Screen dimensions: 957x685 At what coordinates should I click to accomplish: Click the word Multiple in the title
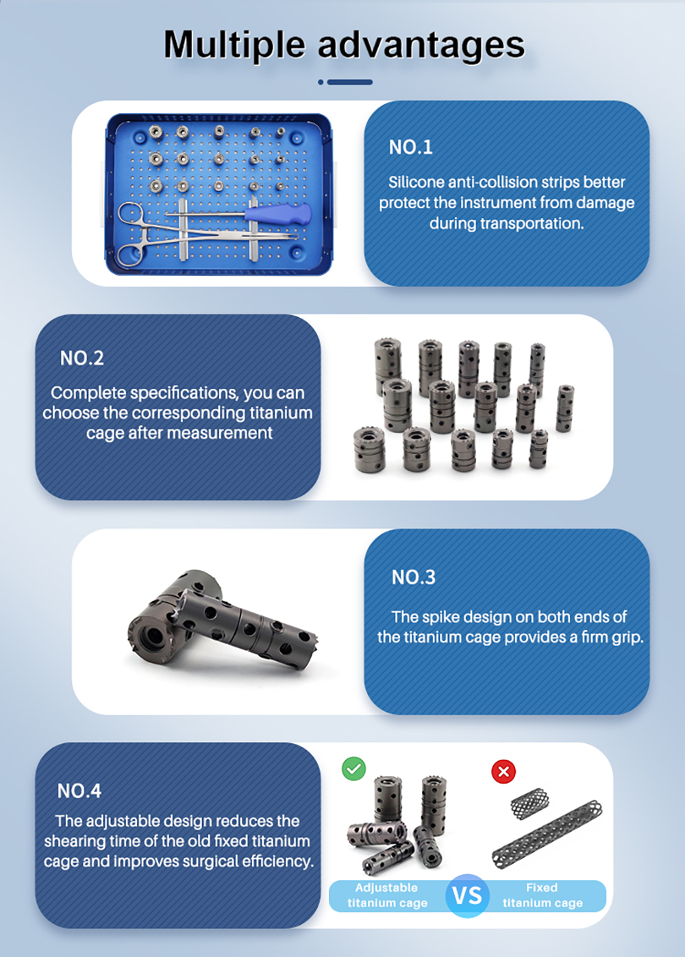coord(234,45)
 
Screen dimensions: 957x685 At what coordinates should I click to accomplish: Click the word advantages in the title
coord(421,45)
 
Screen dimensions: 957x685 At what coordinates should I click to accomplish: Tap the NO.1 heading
coord(411,147)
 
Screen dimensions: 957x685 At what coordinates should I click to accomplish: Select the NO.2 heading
coord(82,358)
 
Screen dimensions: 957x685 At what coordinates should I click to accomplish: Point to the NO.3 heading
coord(414,577)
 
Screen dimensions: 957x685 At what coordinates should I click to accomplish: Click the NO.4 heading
coord(79,791)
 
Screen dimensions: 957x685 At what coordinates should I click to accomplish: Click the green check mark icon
coord(354,769)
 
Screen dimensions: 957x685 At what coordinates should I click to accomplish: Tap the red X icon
coord(503,772)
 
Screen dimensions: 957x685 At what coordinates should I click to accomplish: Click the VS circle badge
coord(467,895)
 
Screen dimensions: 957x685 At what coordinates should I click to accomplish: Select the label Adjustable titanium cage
coord(387,895)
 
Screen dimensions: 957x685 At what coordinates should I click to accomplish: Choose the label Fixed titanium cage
coord(543,895)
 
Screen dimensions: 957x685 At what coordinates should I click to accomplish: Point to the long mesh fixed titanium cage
coord(548,833)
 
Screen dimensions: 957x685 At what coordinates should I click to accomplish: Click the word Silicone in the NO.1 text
coord(416,182)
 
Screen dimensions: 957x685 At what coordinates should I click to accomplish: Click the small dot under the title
coord(321,82)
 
